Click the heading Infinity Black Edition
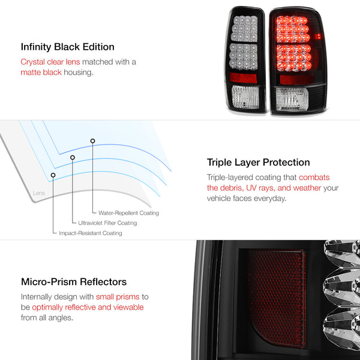(67, 47)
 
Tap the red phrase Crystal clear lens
(50, 62)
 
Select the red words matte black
(41, 73)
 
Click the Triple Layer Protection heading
(258, 163)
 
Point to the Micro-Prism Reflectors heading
(74, 282)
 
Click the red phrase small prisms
(118, 297)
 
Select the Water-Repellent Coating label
(128, 213)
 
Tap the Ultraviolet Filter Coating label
(107, 223)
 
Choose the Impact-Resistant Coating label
(91, 233)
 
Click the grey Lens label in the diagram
(39, 193)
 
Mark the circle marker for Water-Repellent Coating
(92, 141)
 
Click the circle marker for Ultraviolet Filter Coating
(73, 157)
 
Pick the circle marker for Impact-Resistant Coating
(53, 175)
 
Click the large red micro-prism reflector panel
(277, 298)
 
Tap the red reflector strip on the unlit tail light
(243, 78)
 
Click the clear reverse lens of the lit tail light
(292, 99)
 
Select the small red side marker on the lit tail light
(318, 36)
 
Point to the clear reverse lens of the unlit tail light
(245, 97)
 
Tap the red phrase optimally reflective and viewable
(88, 307)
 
